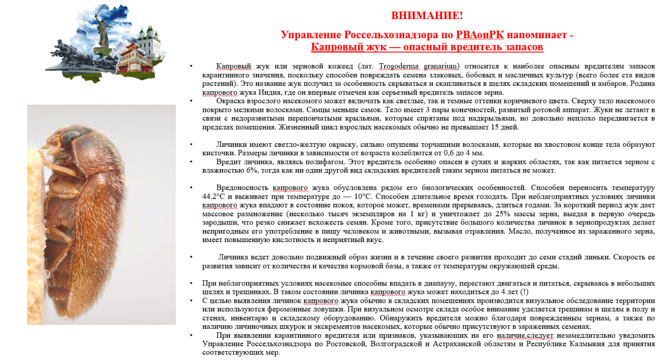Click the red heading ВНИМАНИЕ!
[x=427, y=16]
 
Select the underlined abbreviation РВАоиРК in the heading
[x=480, y=35]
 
